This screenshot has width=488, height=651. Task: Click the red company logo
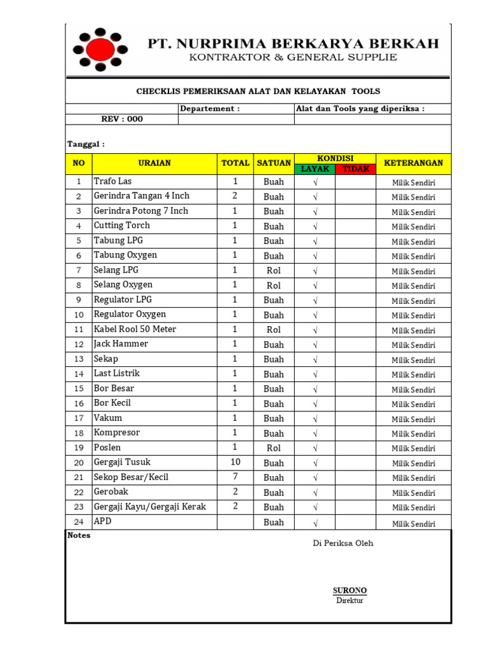click(100, 49)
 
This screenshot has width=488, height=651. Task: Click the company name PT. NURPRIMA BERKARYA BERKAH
click(293, 44)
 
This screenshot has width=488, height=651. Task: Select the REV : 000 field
click(122, 119)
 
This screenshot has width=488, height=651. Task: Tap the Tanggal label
click(86, 144)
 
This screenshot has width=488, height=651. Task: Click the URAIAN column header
click(154, 163)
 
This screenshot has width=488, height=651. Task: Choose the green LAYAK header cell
click(315, 169)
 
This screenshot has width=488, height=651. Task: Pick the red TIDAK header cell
click(355, 169)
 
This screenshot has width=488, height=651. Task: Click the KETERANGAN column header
click(413, 163)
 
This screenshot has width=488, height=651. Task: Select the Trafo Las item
click(113, 181)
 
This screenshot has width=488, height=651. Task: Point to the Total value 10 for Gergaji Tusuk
click(235, 462)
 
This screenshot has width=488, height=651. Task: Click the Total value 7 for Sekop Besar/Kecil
click(235, 477)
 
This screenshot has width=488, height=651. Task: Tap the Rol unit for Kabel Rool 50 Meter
click(274, 329)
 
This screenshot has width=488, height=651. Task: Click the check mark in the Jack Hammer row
click(315, 345)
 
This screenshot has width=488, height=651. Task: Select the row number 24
click(79, 522)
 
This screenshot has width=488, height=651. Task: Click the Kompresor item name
click(117, 432)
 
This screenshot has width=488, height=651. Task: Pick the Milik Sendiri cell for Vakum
click(413, 419)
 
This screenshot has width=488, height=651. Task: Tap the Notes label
click(79, 535)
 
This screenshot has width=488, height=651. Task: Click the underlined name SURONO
click(350, 591)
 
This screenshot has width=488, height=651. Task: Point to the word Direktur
click(350, 601)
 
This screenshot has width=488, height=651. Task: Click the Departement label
click(210, 109)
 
